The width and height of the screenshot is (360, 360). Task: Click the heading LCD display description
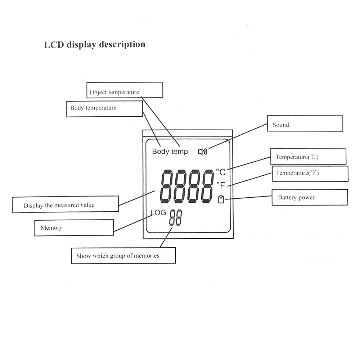click(95, 45)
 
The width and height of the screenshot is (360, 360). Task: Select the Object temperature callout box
click(125, 90)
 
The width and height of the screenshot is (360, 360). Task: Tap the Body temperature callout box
click(104, 109)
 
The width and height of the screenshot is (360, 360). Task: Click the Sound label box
click(305, 123)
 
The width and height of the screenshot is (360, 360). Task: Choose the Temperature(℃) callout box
click(308, 157)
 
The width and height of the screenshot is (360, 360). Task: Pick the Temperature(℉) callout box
click(310, 174)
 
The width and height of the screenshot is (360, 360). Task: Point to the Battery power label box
click(310, 197)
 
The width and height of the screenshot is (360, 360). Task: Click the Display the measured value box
click(66, 204)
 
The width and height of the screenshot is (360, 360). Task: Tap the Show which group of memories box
click(123, 256)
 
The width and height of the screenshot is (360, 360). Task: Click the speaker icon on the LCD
click(203, 152)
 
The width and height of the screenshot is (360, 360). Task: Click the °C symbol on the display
click(221, 172)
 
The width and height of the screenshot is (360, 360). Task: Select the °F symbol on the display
click(221, 185)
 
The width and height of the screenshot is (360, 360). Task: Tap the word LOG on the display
click(158, 213)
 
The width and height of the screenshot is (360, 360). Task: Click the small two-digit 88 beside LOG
click(176, 218)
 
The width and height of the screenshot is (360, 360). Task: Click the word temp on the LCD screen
click(179, 152)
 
